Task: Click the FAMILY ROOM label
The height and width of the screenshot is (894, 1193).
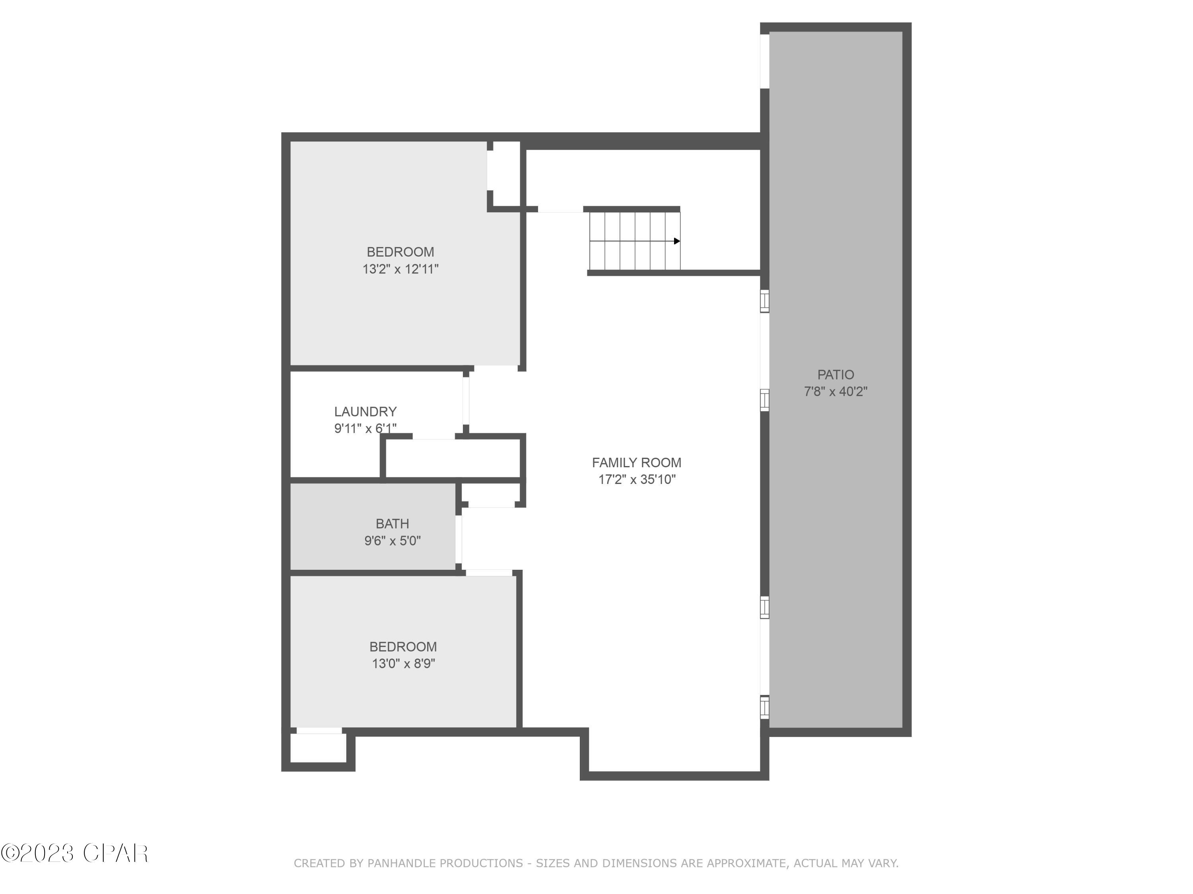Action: pyautogui.click(x=636, y=462)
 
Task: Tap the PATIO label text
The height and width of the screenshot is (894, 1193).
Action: pyautogui.click(x=835, y=375)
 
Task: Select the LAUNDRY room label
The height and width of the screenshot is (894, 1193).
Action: pyautogui.click(x=365, y=412)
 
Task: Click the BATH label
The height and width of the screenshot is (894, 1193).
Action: pyautogui.click(x=392, y=524)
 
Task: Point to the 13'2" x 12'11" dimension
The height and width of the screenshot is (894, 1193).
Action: pyautogui.click(x=400, y=269)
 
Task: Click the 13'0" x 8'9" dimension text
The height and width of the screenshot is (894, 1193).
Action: pyautogui.click(x=403, y=664)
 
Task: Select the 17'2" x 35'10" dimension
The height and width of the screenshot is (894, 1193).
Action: pyautogui.click(x=636, y=480)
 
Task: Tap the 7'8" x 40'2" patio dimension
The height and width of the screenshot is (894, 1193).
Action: pyautogui.click(x=835, y=392)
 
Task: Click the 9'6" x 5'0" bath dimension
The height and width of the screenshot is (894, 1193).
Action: pyautogui.click(x=392, y=540)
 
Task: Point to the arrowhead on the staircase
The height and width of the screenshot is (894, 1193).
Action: pyautogui.click(x=676, y=241)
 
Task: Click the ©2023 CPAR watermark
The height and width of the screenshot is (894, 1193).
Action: pyautogui.click(x=74, y=853)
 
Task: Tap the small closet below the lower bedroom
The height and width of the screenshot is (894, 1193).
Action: pyautogui.click(x=318, y=748)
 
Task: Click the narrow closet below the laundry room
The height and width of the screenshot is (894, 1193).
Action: pyautogui.click(x=453, y=458)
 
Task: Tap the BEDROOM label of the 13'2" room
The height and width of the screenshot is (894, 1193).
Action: pyautogui.click(x=400, y=252)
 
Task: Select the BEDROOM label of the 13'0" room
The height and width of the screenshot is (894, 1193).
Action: pyautogui.click(x=403, y=646)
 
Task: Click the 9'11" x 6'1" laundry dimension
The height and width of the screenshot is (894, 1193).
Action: pyautogui.click(x=365, y=428)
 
